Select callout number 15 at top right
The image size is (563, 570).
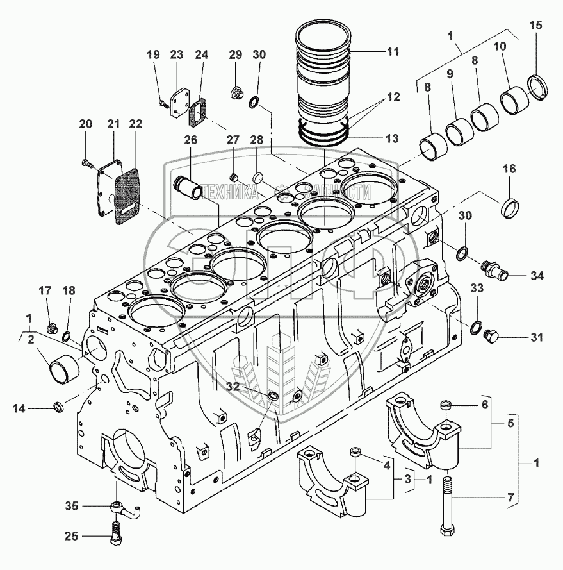tap(535, 26)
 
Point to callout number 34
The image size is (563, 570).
tap(536, 276)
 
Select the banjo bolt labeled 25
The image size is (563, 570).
tap(116, 533)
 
